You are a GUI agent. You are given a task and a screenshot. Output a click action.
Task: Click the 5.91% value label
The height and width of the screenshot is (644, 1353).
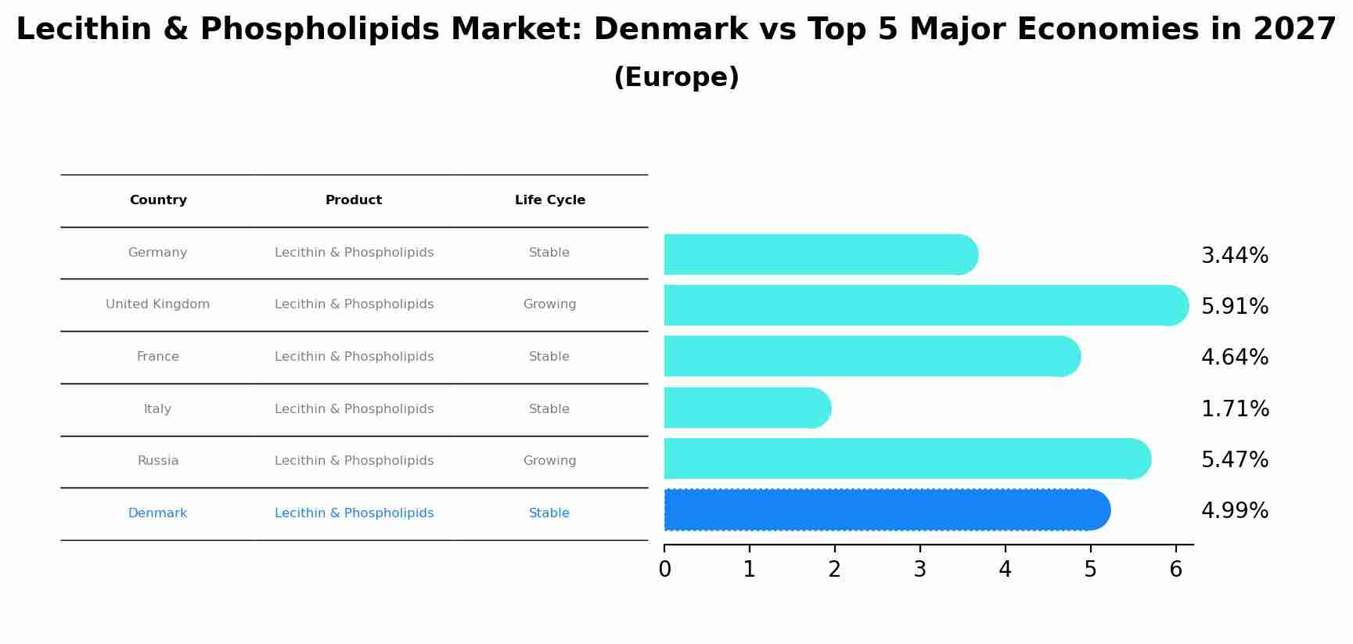(x=1234, y=306)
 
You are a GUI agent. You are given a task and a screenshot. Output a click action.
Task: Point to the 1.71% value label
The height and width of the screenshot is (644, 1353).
(x=1234, y=408)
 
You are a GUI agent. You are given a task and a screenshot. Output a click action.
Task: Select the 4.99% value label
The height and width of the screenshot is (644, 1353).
(x=1234, y=510)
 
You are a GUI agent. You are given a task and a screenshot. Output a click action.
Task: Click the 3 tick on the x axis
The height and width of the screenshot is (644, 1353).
(x=919, y=569)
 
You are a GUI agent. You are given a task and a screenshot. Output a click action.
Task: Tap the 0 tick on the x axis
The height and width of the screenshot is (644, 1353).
(x=664, y=569)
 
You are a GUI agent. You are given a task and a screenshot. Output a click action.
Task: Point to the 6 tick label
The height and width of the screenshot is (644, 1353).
(x=1175, y=569)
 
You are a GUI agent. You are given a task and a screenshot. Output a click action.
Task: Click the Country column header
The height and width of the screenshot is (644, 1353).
(x=158, y=200)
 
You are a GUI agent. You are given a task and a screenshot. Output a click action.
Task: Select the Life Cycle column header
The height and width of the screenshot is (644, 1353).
(x=549, y=200)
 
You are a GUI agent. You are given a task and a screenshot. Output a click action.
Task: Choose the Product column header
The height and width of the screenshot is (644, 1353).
(x=354, y=200)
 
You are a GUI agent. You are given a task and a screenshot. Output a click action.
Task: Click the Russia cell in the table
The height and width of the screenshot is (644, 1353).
(x=158, y=461)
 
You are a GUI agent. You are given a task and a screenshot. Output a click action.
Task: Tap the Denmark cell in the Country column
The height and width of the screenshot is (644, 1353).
(x=157, y=513)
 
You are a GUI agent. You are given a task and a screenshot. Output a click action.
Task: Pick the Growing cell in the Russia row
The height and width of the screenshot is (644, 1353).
(x=549, y=461)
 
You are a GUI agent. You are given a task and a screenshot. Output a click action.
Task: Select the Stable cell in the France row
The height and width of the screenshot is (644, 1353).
(x=549, y=357)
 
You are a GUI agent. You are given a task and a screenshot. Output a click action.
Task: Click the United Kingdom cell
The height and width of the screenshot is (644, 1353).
(x=157, y=304)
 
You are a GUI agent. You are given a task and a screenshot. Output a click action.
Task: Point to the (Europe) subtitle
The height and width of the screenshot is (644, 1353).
(x=676, y=77)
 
